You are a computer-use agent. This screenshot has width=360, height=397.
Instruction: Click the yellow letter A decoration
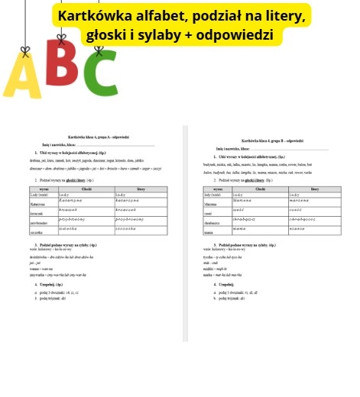click(x=23, y=80)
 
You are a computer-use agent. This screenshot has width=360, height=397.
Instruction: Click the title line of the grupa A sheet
click(x=99, y=137)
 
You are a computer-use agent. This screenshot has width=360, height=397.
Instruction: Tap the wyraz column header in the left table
click(x=44, y=189)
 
